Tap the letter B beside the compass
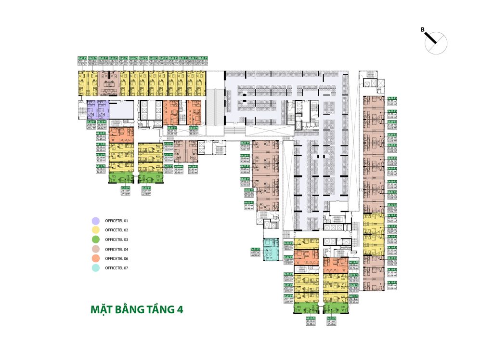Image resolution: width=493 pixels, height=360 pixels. [x=422, y=30]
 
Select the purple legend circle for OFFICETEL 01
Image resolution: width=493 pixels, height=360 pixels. [x=96, y=221]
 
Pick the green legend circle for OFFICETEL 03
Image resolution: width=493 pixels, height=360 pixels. [x=96, y=240]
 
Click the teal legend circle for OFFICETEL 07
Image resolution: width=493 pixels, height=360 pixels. [x=96, y=267]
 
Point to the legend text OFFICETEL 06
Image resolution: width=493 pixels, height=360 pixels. [x=117, y=258]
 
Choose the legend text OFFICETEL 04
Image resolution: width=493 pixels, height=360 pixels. [x=117, y=249]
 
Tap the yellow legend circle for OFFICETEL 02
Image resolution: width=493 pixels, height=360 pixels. [x=96, y=230]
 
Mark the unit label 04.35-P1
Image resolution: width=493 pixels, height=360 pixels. [x=171, y=128]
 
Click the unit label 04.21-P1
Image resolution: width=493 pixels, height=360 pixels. [x=82, y=58]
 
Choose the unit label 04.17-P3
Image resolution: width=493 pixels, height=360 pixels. [x=392, y=282]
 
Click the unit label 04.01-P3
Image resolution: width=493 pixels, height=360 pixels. [x=392, y=98]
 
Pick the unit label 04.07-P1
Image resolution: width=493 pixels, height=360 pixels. [x=245, y=143]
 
